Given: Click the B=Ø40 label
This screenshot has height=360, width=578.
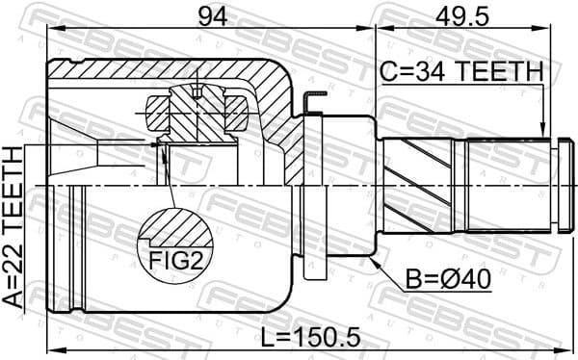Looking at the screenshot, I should pyautogui.click(x=447, y=279).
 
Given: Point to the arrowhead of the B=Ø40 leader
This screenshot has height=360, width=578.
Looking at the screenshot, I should pyautogui.click(x=372, y=257).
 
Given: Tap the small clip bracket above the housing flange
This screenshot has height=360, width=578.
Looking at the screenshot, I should pyautogui.click(x=309, y=99).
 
